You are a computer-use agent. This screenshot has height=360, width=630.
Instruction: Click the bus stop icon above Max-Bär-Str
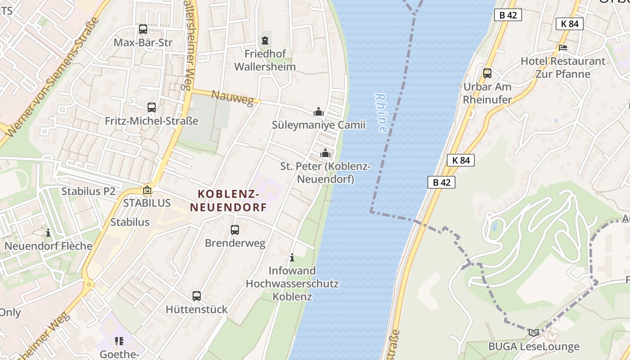[143, 29]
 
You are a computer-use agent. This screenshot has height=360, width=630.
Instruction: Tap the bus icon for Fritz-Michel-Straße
[152, 108]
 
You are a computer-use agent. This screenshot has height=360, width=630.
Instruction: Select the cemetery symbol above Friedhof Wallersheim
[266, 41]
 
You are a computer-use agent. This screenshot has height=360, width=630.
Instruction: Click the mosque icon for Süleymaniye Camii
[319, 112]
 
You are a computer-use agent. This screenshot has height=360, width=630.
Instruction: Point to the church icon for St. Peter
[325, 153]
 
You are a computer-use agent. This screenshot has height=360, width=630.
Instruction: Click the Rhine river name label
[381, 113]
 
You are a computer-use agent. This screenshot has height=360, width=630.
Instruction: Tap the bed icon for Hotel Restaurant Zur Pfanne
[563, 48]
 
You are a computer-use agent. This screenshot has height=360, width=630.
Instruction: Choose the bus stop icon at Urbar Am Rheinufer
[487, 73]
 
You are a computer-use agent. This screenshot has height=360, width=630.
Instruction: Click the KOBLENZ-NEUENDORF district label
[229, 201]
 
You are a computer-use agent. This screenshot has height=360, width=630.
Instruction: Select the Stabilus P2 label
[88, 191]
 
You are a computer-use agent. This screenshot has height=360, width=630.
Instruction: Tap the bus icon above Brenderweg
[235, 230]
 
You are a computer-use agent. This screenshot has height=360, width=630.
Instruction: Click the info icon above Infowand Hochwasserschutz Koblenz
[292, 258]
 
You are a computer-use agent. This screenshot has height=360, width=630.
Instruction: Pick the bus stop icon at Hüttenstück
[197, 296]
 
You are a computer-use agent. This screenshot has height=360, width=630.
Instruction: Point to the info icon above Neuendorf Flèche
[48, 233]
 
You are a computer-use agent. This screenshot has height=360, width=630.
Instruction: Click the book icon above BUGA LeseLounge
[534, 333]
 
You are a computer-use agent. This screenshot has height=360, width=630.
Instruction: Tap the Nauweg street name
[233, 98]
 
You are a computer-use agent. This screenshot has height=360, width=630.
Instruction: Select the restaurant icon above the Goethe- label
[119, 341]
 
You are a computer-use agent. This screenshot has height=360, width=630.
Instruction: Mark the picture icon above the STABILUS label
[147, 190]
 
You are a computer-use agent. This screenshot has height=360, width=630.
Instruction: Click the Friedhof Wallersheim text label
[270, 60]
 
